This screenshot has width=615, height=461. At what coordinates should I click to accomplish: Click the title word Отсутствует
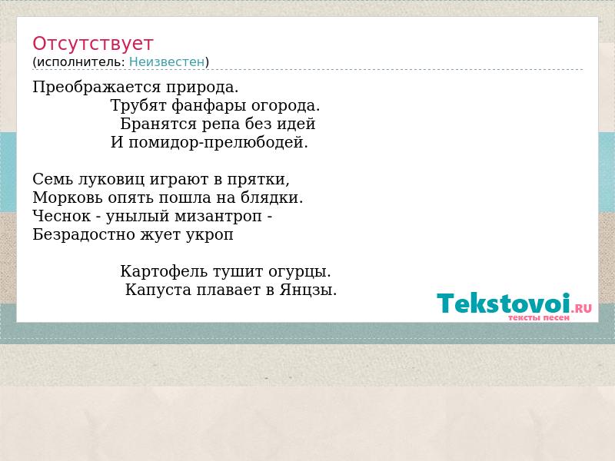[x=92, y=44]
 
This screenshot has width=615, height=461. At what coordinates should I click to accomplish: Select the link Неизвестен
[x=167, y=62]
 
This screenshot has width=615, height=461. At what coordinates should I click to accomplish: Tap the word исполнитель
[x=81, y=62]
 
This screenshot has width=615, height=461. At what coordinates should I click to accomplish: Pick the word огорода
[x=285, y=105]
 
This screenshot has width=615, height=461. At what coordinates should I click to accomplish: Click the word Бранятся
[x=158, y=124]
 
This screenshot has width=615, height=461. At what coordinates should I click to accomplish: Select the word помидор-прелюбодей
[x=218, y=142]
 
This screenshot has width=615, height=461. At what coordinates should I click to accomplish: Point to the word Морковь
[x=68, y=197]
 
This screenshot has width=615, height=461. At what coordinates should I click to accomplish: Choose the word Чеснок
[x=61, y=216]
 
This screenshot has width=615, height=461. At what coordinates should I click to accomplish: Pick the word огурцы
[x=300, y=272]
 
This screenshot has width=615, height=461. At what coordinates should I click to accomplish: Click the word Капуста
[x=158, y=290]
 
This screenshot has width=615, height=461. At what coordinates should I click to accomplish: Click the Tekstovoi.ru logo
[x=514, y=307]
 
